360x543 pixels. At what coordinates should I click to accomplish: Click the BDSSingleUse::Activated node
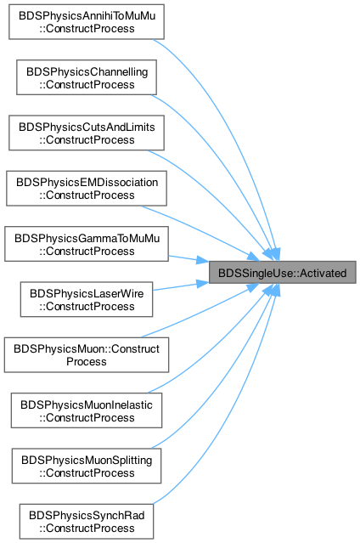pyautogui.click(x=282, y=273)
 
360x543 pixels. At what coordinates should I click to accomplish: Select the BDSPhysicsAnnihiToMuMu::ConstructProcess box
pyautogui.click(x=87, y=22)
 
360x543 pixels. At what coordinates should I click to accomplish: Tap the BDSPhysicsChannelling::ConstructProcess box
pyautogui.click(x=87, y=77)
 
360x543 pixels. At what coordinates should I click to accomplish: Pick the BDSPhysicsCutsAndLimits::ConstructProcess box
pyautogui.click(x=87, y=133)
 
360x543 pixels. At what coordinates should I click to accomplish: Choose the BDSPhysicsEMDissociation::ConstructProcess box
pyautogui.click(x=87, y=189)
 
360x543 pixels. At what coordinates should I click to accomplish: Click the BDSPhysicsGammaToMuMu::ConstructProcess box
pyautogui.click(x=87, y=244)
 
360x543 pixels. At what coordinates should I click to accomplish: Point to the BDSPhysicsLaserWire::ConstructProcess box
pyautogui.click(x=87, y=300)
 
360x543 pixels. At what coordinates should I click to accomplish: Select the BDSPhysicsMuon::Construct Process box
pyautogui.click(x=87, y=355)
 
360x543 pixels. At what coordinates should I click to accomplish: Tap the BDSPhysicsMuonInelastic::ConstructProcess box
pyautogui.click(x=87, y=410)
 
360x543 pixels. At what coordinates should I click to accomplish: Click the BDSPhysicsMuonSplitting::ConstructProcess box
pyautogui.click(x=87, y=467)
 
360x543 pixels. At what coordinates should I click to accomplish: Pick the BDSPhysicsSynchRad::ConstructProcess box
pyautogui.click(x=87, y=522)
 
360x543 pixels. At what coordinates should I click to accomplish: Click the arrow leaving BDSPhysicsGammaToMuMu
pyautogui.click(x=188, y=258)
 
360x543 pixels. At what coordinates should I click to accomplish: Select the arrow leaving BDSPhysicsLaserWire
pyautogui.click(x=181, y=286)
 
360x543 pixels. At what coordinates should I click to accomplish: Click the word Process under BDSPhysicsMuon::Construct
pyautogui.click(x=87, y=361)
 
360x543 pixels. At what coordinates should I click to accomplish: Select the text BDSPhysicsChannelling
pyautogui.click(x=87, y=71)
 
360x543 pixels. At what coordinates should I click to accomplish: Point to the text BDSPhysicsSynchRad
pyautogui.click(x=87, y=515)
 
